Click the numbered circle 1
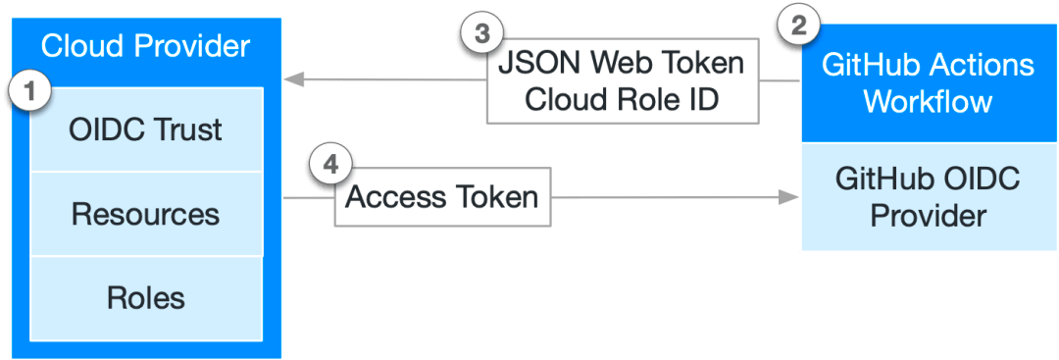(x=29, y=91)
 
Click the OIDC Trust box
(x=146, y=129)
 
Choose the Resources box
(x=146, y=214)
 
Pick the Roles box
(x=146, y=297)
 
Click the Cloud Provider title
(x=146, y=46)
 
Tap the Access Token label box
(x=442, y=197)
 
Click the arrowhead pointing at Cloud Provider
(x=292, y=81)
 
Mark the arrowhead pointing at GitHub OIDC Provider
(x=789, y=198)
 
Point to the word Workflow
(x=928, y=102)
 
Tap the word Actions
(x=983, y=66)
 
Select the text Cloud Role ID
(x=621, y=100)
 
